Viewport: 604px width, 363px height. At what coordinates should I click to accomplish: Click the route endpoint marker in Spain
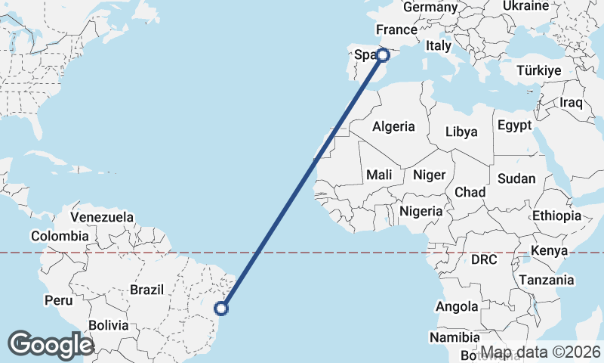coord(383,54)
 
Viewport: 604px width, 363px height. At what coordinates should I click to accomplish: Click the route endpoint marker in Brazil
coord(221,308)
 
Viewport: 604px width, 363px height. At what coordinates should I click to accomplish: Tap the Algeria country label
coord(393,126)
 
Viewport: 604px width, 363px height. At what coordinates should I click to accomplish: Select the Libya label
coord(461,132)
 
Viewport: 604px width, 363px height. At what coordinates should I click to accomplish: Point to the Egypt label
coord(514,126)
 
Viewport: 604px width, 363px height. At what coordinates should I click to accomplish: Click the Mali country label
coord(379,175)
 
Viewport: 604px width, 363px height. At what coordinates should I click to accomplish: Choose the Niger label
coord(429,175)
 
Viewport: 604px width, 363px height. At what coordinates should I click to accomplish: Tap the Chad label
coord(470,192)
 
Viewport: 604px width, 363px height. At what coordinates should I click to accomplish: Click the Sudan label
coord(516,179)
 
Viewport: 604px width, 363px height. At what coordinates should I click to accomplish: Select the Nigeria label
coord(421,211)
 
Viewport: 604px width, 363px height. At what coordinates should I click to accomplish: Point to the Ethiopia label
coord(557,216)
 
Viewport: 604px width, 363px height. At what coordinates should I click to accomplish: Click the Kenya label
coord(549,250)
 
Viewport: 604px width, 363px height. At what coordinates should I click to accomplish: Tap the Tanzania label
coord(546,280)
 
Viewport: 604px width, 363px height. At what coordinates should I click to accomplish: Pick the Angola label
coord(457,306)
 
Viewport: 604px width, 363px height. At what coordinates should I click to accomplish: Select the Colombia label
coord(60,236)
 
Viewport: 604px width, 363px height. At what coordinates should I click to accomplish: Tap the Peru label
coord(58,300)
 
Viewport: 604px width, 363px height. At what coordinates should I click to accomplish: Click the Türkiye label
coord(539,70)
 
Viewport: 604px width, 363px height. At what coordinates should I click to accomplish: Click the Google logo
coord(51,344)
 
